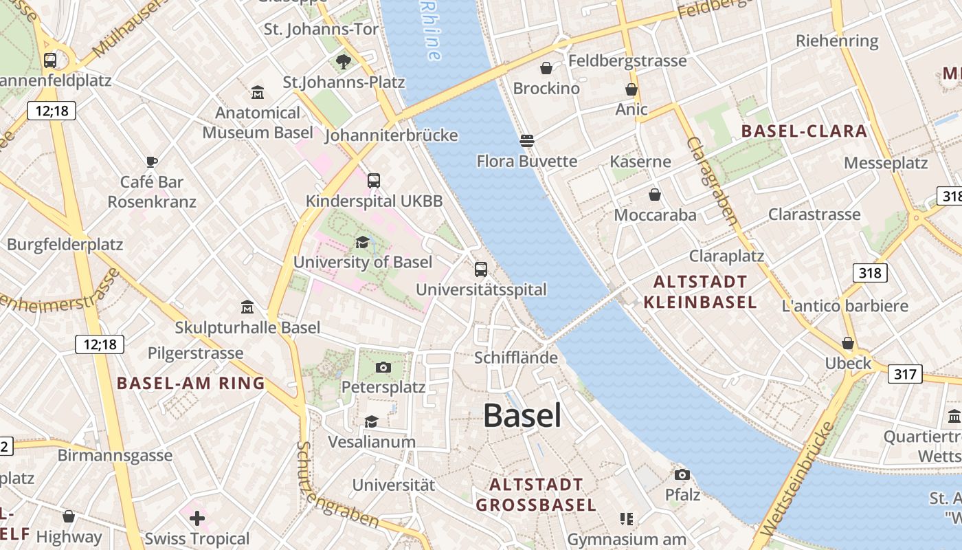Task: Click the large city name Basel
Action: coord(522,416)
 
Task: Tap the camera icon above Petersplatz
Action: coord(383,368)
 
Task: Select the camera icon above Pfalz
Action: coord(682,475)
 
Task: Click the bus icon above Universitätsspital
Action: coord(481,269)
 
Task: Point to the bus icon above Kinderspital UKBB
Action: coord(374,181)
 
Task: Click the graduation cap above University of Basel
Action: coord(362,242)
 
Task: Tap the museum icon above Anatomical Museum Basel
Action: coord(258,92)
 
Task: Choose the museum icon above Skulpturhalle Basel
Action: coord(247,307)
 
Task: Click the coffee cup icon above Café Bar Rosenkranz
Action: coord(152,162)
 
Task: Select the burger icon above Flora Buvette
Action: coord(527,142)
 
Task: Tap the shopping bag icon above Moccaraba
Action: coord(655,195)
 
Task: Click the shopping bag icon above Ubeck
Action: coord(848,343)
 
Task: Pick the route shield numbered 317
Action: coord(905,374)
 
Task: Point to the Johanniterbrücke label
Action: coord(391,135)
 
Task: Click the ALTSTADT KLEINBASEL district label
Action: coord(700,291)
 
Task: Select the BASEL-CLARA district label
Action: coord(803,131)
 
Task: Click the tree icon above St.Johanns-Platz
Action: coord(344,63)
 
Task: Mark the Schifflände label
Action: coord(516,357)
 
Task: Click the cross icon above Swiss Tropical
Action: coord(197,518)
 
